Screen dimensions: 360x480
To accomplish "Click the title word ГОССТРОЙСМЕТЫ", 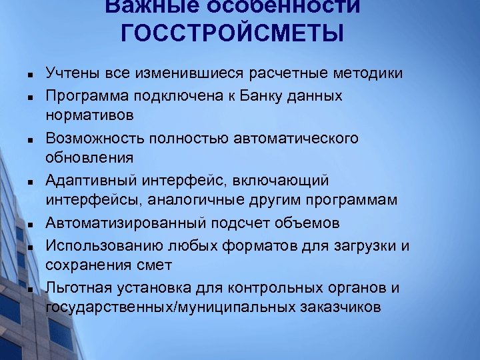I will (233, 32).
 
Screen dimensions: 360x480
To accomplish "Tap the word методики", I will (372, 74).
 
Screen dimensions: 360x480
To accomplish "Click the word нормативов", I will (89, 115).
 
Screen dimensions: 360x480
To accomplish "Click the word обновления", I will (89, 158).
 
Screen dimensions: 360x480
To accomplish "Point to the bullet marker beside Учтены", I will (31, 75).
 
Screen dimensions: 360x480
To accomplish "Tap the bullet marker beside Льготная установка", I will (31, 289).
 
